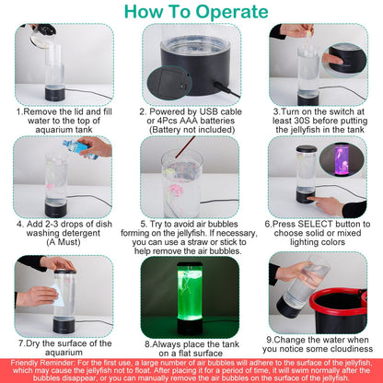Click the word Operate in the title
[x=232, y=12]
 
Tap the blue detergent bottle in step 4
[x=80, y=149]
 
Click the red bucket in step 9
[x=338, y=310]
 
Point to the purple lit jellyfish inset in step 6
[x=342, y=159]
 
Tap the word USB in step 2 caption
[x=209, y=111]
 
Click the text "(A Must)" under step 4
[x=64, y=242]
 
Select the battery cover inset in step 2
[x=169, y=83]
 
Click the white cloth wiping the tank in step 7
[x=58, y=296]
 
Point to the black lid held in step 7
[x=64, y=272]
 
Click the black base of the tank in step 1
[x=55, y=95]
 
